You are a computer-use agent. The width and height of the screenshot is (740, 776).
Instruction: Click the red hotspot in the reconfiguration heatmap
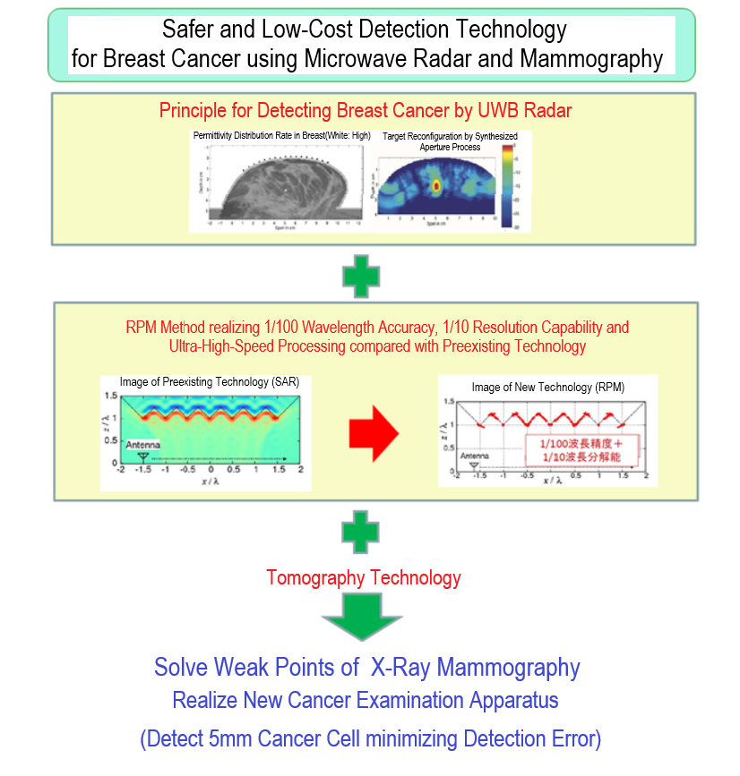(x=436, y=186)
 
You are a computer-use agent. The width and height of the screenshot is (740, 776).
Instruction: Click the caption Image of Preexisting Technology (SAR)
(x=210, y=382)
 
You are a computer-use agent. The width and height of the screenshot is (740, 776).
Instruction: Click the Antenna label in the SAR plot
(x=144, y=444)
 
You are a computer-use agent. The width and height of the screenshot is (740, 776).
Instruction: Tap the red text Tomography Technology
(x=364, y=577)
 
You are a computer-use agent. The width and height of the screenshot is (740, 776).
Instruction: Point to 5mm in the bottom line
(x=243, y=739)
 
